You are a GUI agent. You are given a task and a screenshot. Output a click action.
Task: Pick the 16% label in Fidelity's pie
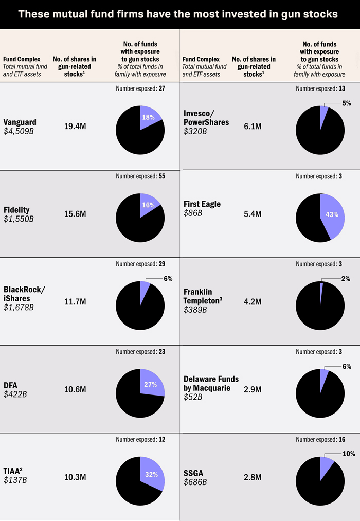[x=148, y=205]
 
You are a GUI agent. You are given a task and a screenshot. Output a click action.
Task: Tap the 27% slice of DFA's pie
[x=151, y=383]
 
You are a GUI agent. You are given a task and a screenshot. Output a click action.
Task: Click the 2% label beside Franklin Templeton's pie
[x=346, y=279]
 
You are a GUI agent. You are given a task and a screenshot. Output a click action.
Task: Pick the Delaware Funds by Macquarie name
[x=211, y=383]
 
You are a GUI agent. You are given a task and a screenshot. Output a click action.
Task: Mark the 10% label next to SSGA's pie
[x=349, y=454]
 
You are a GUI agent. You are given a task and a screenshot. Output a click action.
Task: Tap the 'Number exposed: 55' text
[x=140, y=176]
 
